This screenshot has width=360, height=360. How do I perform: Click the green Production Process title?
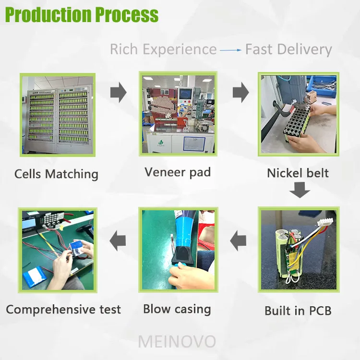[82, 14]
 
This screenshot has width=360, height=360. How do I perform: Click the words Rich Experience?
[163, 49]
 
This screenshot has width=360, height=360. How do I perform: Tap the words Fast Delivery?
[288, 49]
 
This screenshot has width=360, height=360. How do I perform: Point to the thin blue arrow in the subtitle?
[230, 50]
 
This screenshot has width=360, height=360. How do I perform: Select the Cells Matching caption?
[56, 174]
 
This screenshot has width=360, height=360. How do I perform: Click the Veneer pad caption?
[178, 172]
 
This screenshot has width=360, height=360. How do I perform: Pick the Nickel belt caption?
[298, 173]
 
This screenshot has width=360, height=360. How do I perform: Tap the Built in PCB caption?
[298, 311]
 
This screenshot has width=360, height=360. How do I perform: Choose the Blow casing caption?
[177, 309]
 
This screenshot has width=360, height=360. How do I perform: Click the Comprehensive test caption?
[63, 309]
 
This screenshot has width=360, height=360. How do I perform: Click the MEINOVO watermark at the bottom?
[177, 342]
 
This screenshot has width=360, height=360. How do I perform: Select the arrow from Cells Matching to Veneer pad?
[119, 92]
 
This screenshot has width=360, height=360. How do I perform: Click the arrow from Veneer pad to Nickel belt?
[241, 92]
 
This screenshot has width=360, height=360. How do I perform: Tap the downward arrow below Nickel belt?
[300, 190]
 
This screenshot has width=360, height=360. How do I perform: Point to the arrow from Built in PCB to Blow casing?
[238, 241]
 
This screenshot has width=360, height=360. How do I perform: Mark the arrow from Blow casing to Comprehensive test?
[118, 241]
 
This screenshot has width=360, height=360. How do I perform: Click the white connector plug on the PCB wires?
[325, 223]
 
